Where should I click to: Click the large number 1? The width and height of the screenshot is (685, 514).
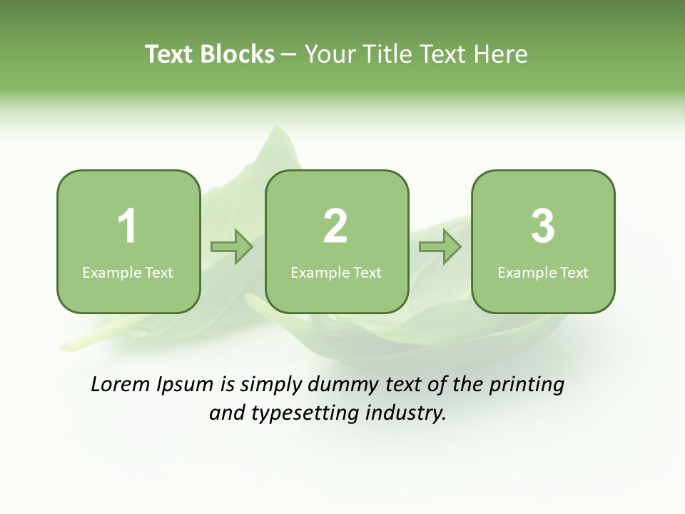(x=127, y=226)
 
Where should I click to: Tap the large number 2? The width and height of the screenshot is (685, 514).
(x=335, y=226)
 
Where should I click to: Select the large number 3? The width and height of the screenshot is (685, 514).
(x=542, y=226)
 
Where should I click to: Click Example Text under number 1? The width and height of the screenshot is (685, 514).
(x=128, y=273)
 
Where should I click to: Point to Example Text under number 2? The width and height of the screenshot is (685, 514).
(x=336, y=273)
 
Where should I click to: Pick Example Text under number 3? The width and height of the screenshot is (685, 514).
(x=543, y=273)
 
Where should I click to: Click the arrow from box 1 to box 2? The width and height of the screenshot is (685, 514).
(x=232, y=247)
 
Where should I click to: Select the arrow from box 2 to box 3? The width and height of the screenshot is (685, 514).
(x=440, y=247)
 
